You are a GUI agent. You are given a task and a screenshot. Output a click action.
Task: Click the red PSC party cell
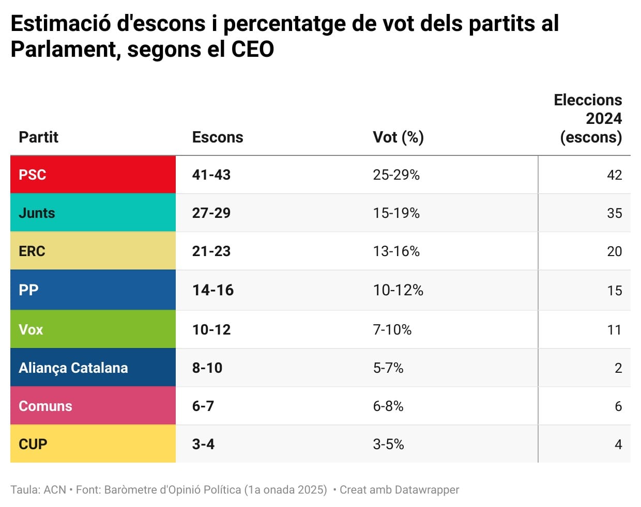click(93, 175)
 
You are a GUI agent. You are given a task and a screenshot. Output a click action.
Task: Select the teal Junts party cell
click(93, 213)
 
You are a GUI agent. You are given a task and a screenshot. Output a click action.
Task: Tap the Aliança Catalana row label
click(73, 368)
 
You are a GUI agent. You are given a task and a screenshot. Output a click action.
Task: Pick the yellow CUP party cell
click(93, 444)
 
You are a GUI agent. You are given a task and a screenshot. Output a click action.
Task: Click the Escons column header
click(218, 137)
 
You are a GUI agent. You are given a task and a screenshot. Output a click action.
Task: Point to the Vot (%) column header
click(398, 137)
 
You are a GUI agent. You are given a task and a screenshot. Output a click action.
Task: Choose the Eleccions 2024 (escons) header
click(588, 118)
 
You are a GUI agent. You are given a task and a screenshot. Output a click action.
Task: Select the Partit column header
click(39, 137)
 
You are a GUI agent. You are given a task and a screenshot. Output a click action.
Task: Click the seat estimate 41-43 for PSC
click(211, 175)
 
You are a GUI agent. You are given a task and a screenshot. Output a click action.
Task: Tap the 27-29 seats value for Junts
click(211, 213)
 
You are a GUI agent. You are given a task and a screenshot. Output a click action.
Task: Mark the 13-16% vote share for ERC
click(396, 251)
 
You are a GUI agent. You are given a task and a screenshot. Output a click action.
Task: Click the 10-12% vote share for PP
click(398, 290)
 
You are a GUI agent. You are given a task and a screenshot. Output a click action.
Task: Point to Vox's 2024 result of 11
click(614, 329)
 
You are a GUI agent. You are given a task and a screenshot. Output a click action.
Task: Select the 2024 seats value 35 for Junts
click(614, 213)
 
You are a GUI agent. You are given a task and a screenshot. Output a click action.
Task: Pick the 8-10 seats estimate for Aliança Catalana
click(207, 368)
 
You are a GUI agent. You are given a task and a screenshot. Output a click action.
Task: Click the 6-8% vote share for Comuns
click(388, 406)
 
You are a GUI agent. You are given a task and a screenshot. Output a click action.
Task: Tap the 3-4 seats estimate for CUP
click(203, 444)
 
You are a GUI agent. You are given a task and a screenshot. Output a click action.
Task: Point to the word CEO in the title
click(253, 50)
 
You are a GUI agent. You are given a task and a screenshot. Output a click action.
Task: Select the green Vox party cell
click(93, 329)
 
